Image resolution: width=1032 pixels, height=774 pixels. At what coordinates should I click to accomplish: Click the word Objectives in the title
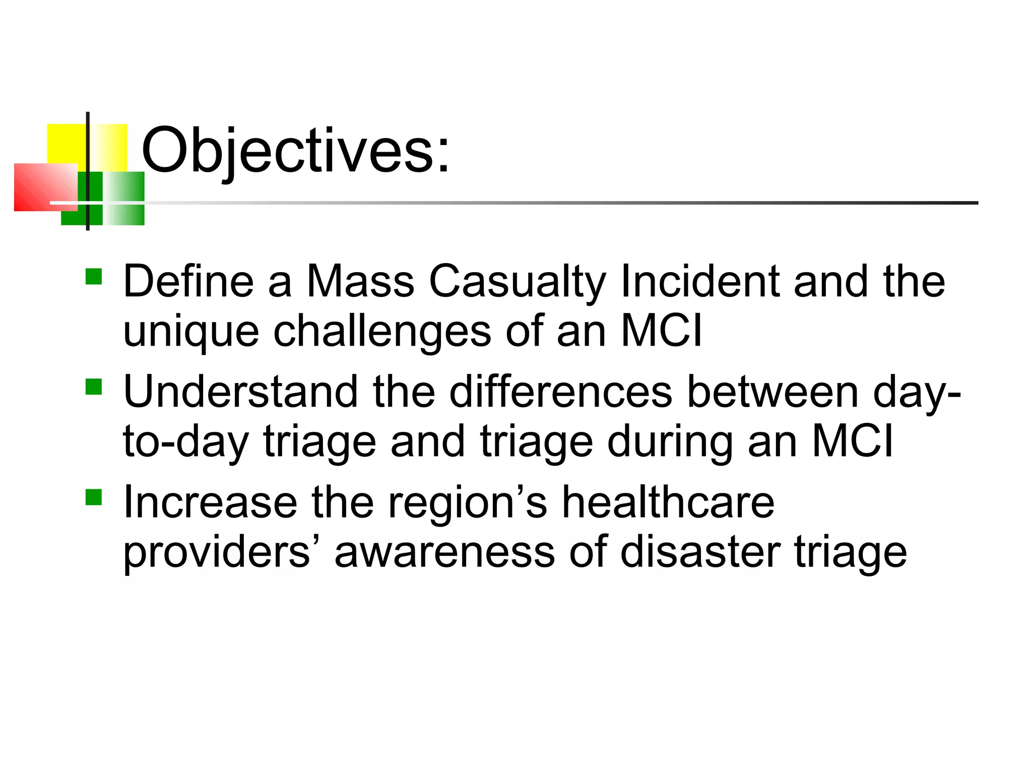(295, 150)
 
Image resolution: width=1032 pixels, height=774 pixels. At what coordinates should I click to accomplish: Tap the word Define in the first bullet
(188, 281)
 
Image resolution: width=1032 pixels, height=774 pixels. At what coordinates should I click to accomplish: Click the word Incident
(700, 281)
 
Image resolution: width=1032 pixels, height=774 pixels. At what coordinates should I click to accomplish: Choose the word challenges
(382, 332)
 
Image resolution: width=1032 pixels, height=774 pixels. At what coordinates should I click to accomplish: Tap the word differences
(560, 392)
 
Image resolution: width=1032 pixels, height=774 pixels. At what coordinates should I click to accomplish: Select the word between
(772, 392)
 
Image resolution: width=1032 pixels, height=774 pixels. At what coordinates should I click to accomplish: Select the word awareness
(444, 552)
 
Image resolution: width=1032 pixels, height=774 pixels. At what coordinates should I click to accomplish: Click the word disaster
(700, 552)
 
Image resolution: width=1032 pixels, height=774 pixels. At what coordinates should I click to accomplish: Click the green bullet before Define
(94, 277)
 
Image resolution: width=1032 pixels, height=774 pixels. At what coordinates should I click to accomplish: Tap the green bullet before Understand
(94, 387)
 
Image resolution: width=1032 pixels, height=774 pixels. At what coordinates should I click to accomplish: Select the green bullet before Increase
(94, 497)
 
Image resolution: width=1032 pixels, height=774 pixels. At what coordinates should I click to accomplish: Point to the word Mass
(361, 281)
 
